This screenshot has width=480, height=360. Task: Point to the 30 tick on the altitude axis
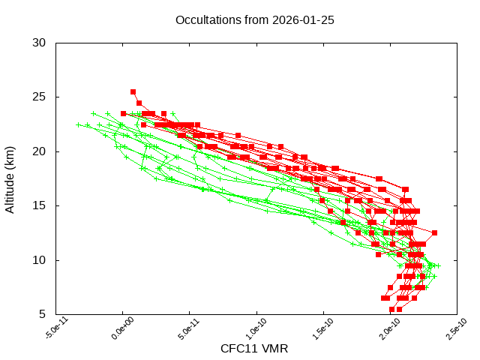tap(40, 43)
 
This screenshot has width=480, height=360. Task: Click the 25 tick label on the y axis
tap(40, 97)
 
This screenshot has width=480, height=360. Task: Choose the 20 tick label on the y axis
tap(40, 151)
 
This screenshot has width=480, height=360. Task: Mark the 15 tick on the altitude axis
tap(40, 205)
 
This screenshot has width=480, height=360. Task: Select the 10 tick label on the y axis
tap(40, 260)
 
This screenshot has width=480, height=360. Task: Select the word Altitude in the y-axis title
tap(10, 190)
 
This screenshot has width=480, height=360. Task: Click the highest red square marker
tap(133, 91)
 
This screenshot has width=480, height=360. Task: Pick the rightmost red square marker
tap(434, 232)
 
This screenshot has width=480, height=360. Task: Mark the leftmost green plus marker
tap(78, 125)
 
